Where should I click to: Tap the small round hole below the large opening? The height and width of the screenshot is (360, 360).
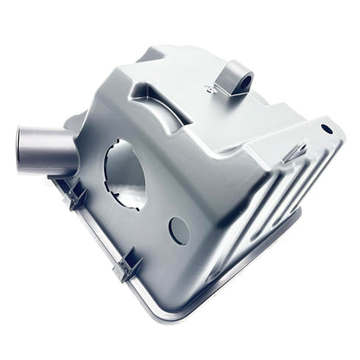[179, 228]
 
